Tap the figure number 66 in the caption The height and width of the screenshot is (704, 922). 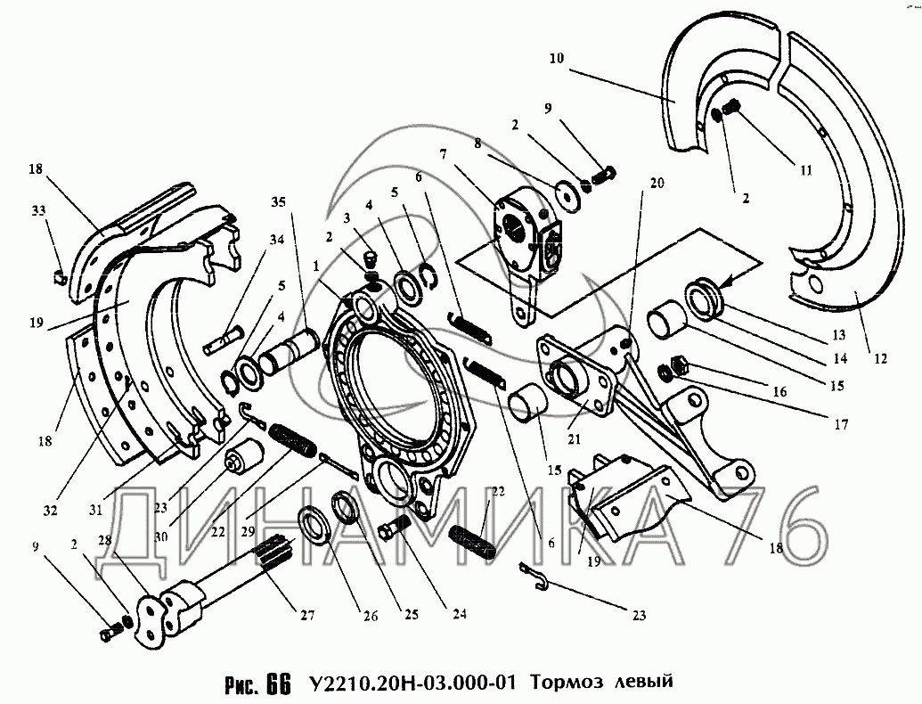pos(277,684)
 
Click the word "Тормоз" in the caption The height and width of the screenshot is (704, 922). pos(567,684)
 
